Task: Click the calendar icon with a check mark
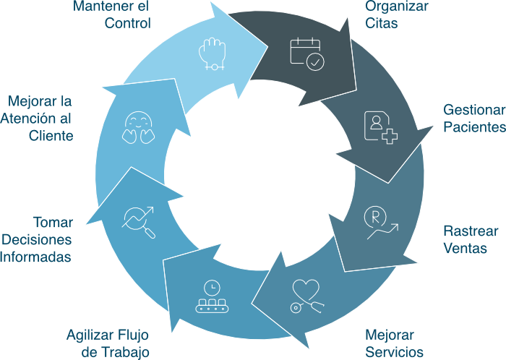tap(306, 53)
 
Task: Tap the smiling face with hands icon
tap(137, 127)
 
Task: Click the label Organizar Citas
tap(396, 14)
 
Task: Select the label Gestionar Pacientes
tap(474, 119)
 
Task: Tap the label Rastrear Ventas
tap(465, 240)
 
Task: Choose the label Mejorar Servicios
tap(394, 344)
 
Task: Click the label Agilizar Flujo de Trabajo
tap(108, 344)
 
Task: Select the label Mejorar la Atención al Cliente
tap(40, 118)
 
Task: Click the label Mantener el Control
tap(111, 14)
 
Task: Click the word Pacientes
tap(474, 127)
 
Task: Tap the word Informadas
tap(36, 257)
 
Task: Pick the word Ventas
tap(465, 249)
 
